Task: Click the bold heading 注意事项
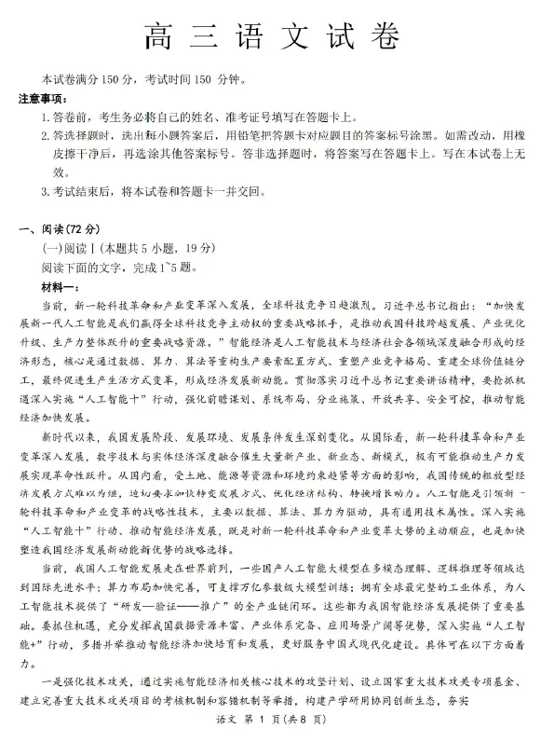pos(44,98)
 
